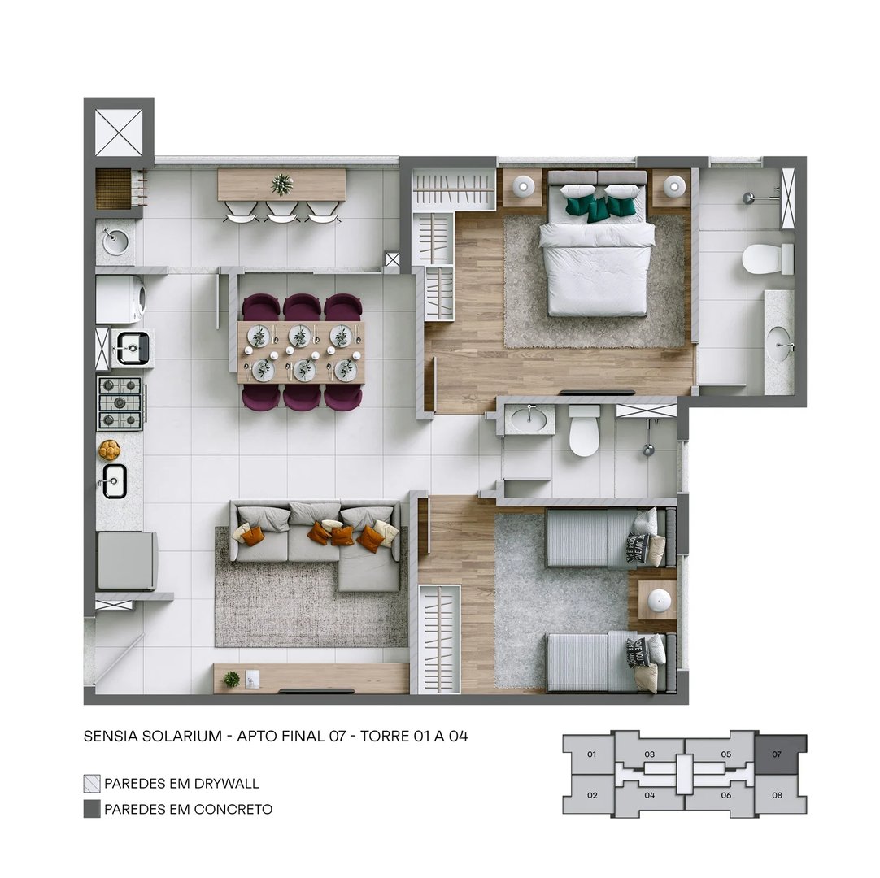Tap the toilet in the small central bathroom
[584, 432]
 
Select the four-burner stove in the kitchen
[120, 403]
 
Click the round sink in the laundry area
[115, 241]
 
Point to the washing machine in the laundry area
[120, 299]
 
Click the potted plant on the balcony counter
[282, 185]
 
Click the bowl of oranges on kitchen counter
[109, 449]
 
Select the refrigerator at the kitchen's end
[126, 561]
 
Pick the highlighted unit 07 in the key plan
[780, 754]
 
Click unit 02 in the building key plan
[591, 795]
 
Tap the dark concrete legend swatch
[92, 809]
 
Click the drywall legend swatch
[92, 784]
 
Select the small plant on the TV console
[233, 678]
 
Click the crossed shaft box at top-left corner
[119, 131]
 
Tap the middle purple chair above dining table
[303, 307]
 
